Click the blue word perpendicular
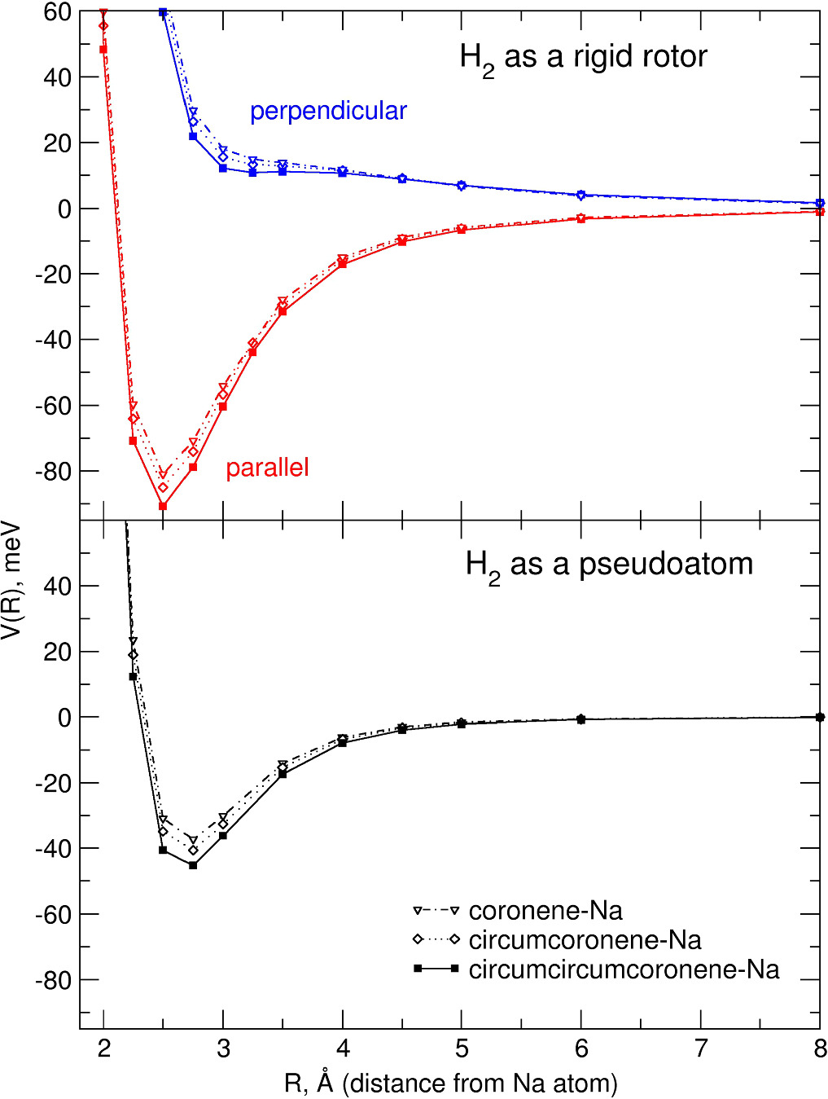pyautogui.click(x=328, y=111)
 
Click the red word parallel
pyautogui.click(x=267, y=468)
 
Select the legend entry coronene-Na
pyautogui.click(x=545, y=910)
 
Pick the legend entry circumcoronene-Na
pyautogui.click(x=585, y=939)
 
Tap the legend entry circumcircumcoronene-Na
pyautogui.click(x=624, y=969)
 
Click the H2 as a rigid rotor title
pyautogui.click(x=583, y=57)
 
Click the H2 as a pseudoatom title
pyautogui.click(x=609, y=564)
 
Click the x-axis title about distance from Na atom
pyautogui.click(x=451, y=1083)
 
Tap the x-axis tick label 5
pyautogui.click(x=462, y=1048)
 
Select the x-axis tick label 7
pyautogui.click(x=701, y=1048)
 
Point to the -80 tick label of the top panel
pyautogui.click(x=54, y=471)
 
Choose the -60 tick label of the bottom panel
pyautogui.click(x=54, y=914)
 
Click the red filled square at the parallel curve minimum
pyautogui.click(x=163, y=506)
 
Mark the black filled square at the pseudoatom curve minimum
pyautogui.click(x=193, y=865)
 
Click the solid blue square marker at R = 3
pyautogui.click(x=223, y=168)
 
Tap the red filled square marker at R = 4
pyautogui.click(x=343, y=264)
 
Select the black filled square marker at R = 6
pyautogui.click(x=581, y=719)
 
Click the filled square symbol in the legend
pyautogui.click(x=418, y=969)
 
